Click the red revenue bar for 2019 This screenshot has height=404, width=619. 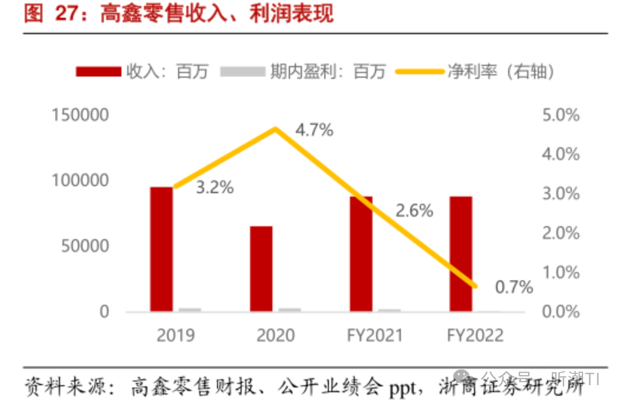(x=161, y=249)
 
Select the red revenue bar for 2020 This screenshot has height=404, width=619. (x=261, y=269)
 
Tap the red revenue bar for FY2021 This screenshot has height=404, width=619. (x=361, y=253)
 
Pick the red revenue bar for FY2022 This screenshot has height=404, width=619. (x=460, y=253)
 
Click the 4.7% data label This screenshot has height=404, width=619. (x=314, y=130)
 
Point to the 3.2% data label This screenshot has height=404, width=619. (x=215, y=188)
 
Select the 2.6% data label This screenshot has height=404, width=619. (x=414, y=210)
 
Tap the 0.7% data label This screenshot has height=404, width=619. (x=513, y=287)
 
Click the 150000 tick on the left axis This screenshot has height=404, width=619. (x=80, y=114)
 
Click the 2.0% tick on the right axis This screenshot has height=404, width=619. (x=560, y=233)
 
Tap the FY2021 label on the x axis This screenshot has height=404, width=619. (x=375, y=336)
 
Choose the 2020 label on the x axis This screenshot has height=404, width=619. (x=275, y=336)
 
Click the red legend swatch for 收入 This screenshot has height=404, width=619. (x=98, y=72)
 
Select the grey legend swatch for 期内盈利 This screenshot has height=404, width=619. (x=242, y=72)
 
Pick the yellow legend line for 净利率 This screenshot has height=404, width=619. (x=419, y=72)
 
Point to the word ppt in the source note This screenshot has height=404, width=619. (x=402, y=388)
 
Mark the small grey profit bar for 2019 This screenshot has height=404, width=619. (x=190, y=309)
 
